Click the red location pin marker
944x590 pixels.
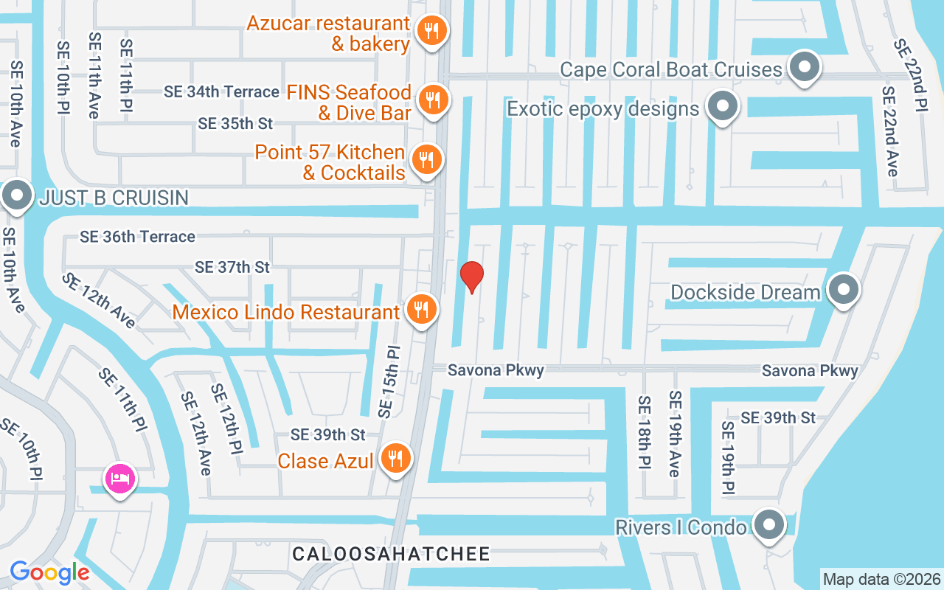coord(472,277)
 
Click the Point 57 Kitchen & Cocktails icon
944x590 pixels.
coord(426,159)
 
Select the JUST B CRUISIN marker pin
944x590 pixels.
coord(15,195)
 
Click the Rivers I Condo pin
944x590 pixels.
coord(769,524)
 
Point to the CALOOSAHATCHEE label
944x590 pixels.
coord(391,554)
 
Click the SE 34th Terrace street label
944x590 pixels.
coord(221,91)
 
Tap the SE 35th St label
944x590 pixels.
coord(235,123)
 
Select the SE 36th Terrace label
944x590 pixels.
coord(137,237)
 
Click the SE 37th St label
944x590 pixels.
coord(232,267)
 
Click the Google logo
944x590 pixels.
coord(49,572)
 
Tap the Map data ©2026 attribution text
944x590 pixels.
coord(881,579)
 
